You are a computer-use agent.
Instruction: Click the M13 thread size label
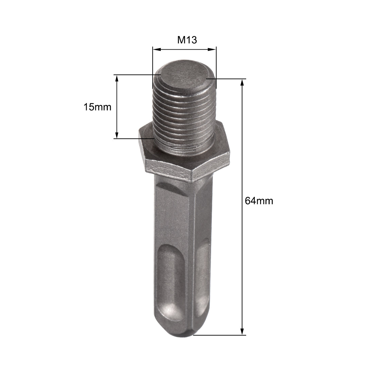(x=187, y=40)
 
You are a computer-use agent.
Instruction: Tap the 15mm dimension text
(x=98, y=107)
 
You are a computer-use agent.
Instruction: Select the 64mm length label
(x=259, y=201)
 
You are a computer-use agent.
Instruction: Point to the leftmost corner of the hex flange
(x=139, y=133)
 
